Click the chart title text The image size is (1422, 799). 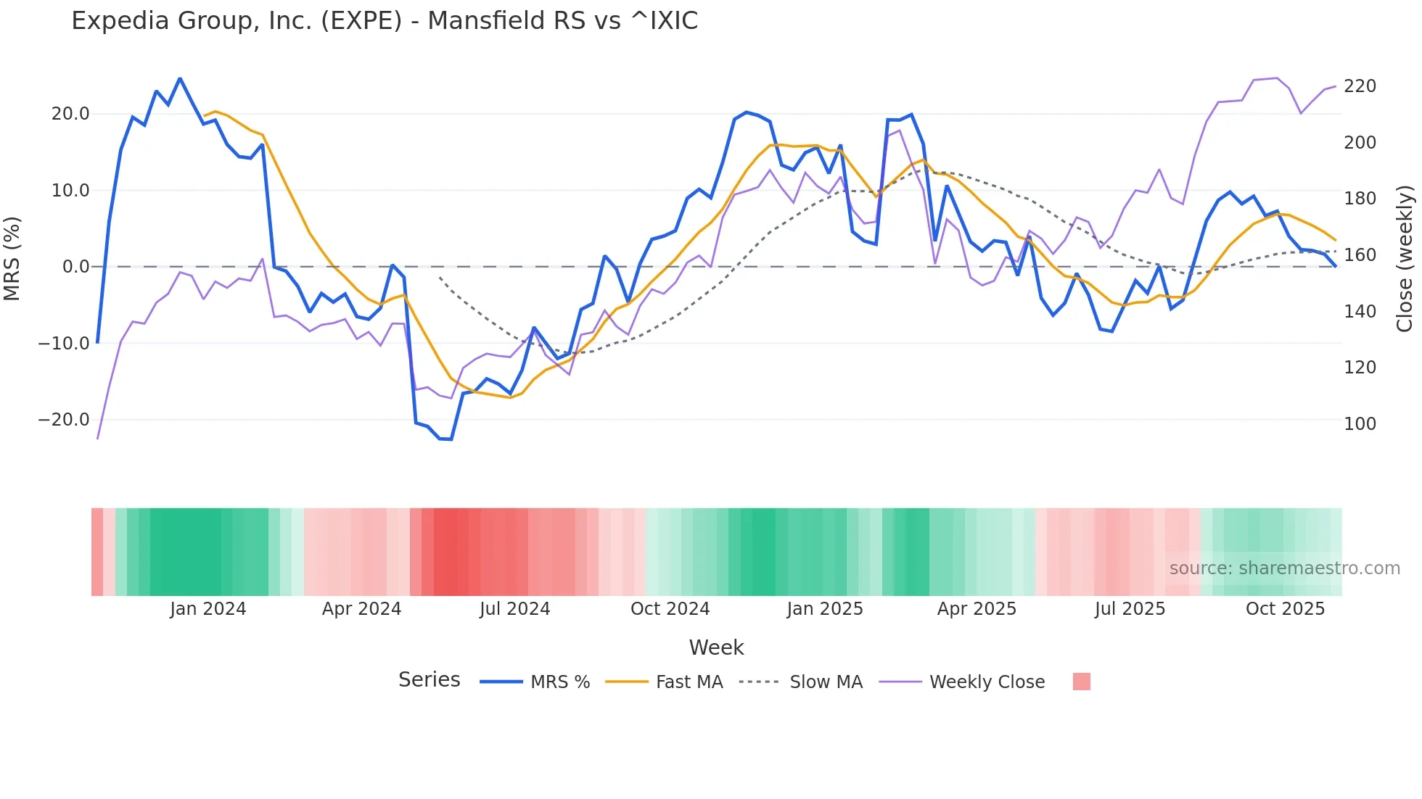coord(385,21)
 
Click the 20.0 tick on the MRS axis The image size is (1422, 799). coord(70,114)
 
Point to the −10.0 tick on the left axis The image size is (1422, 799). coord(64,344)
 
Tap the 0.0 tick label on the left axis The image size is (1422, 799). coord(75,267)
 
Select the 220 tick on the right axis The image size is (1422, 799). coord(1360,86)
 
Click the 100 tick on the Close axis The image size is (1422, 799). coord(1360,424)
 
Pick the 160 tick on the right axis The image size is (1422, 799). coord(1360,255)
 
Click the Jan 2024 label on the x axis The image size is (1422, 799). coord(208,609)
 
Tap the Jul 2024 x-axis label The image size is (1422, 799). coord(515,609)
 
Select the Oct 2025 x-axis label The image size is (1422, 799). coord(1285,609)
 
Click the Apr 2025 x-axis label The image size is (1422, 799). coord(977,609)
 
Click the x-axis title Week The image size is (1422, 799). coord(716,647)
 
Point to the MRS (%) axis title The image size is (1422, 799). coord(12,259)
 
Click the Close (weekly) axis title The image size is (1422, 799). coord(1405,259)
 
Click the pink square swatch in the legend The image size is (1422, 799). coord(1081,682)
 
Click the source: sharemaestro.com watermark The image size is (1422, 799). coord(1284,568)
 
